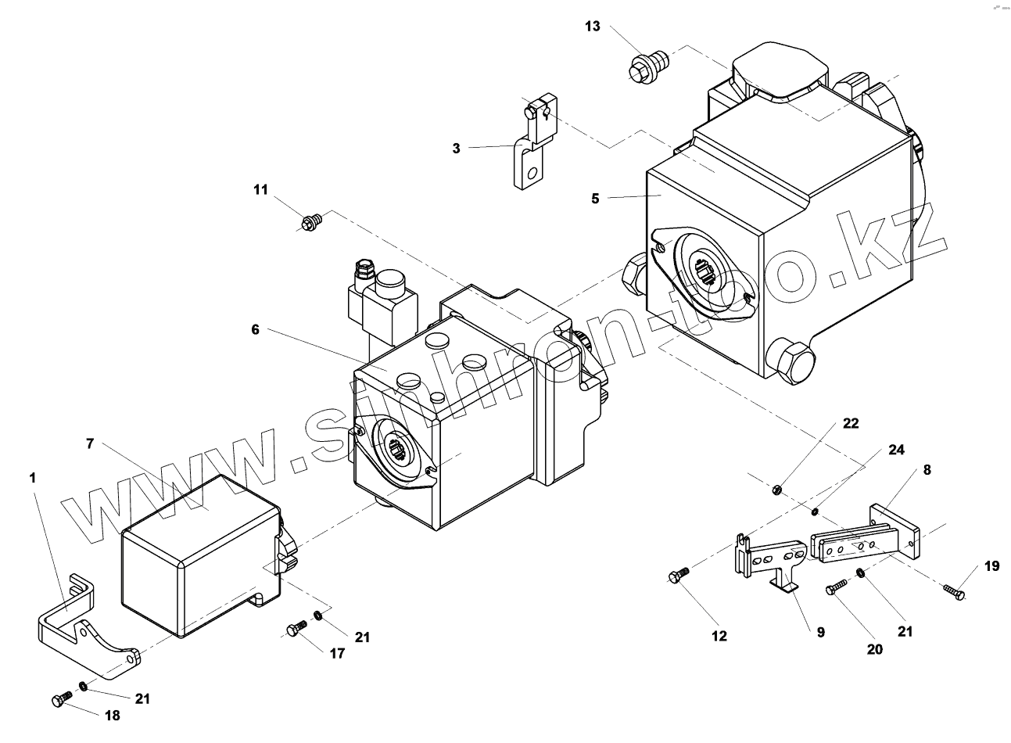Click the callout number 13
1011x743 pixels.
pos(593,27)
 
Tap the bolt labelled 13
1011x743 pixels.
pos(643,67)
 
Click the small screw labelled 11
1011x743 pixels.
pos(311,221)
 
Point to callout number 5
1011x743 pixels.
pos(596,199)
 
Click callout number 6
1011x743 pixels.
pos(256,329)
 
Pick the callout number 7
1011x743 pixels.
pos(91,443)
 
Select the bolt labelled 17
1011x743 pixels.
pos(296,628)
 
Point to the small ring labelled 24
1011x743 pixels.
pos(815,512)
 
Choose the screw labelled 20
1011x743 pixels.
pos(837,587)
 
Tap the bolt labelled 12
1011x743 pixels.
pos(677,576)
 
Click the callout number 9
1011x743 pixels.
pos(821,633)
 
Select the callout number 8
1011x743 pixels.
pos(927,470)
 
